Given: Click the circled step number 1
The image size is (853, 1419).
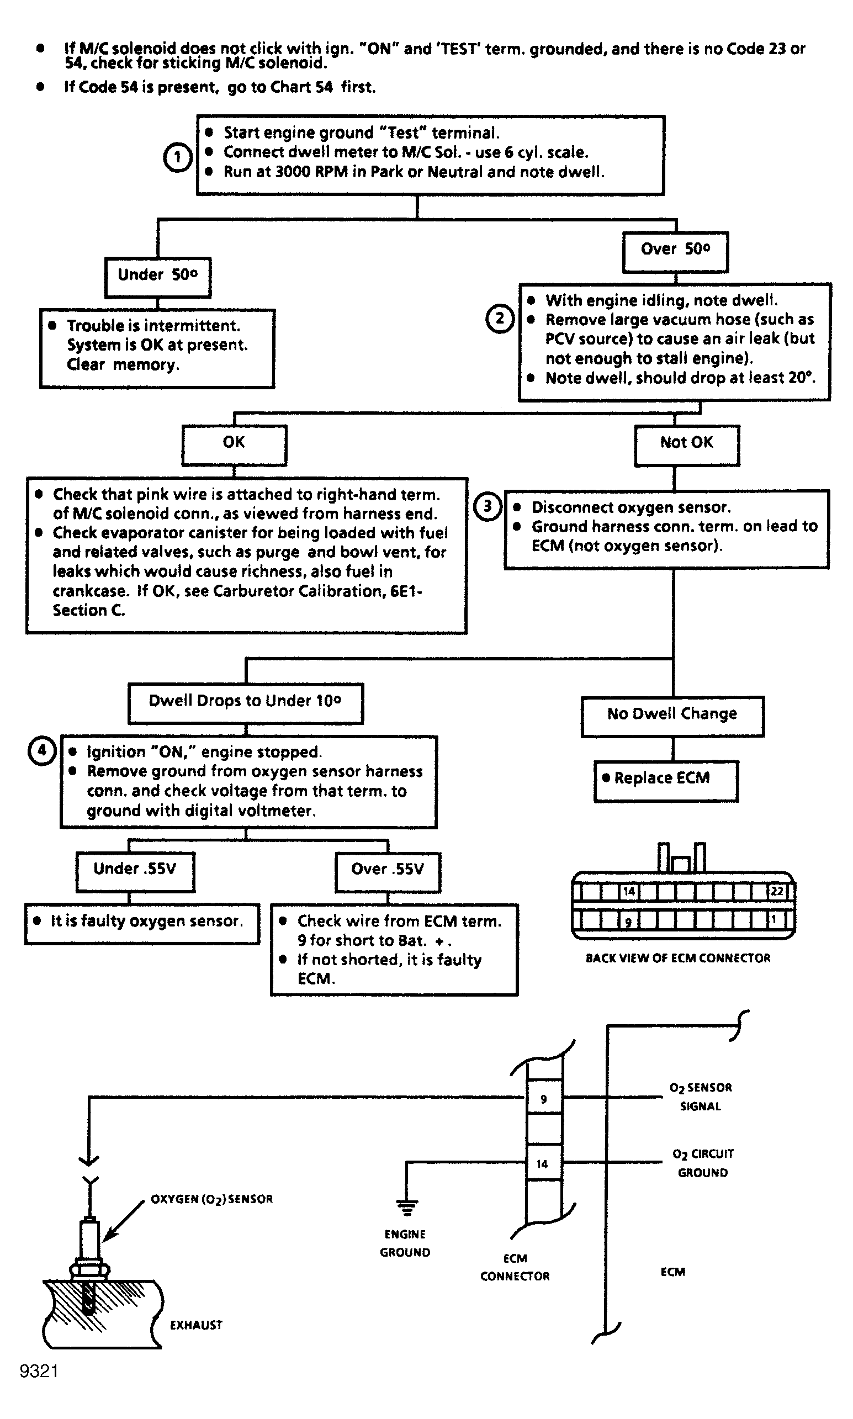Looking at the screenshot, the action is [x=178, y=157].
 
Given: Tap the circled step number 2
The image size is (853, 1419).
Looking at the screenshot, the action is [x=500, y=319].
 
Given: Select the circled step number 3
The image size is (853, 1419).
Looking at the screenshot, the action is [x=488, y=506].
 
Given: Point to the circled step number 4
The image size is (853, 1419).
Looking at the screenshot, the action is [x=42, y=750].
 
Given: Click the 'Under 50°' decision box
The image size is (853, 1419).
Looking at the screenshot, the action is [x=157, y=278].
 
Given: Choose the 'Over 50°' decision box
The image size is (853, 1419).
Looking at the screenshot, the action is [x=675, y=252].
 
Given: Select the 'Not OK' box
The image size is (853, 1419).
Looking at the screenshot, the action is [x=687, y=446].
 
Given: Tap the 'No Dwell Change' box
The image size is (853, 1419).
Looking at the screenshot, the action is [x=672, y=717].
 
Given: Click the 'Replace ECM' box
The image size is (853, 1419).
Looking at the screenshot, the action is [x=666, y=781].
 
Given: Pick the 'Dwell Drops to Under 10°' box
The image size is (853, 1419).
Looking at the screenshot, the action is [x=246, y=703].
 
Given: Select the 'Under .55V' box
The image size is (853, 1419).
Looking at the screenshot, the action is [x=135, y=872].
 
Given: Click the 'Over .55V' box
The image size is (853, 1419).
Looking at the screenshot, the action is [x=388, y=872].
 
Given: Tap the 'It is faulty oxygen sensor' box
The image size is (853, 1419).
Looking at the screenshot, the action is [x=142, y=924].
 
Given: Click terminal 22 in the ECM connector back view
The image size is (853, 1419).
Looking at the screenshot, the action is [x=777, y=891].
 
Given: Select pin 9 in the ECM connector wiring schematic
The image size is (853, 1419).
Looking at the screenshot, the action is [x=544, y=1098].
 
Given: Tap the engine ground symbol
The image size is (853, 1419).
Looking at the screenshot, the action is [x=407, y=1208].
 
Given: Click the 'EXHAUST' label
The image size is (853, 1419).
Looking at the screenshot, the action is [x=196, y=1325].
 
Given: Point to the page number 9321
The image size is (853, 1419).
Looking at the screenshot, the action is [x=39, y=1372].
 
